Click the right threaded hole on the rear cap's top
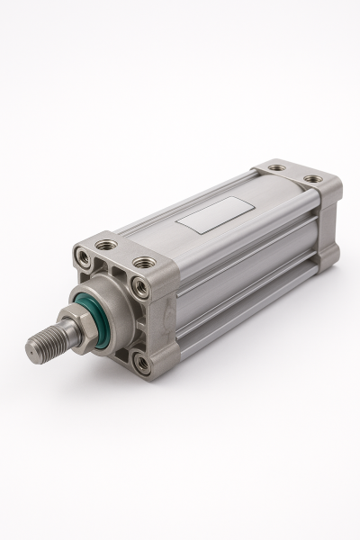click(311, 179)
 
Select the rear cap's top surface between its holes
click(295, 173)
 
